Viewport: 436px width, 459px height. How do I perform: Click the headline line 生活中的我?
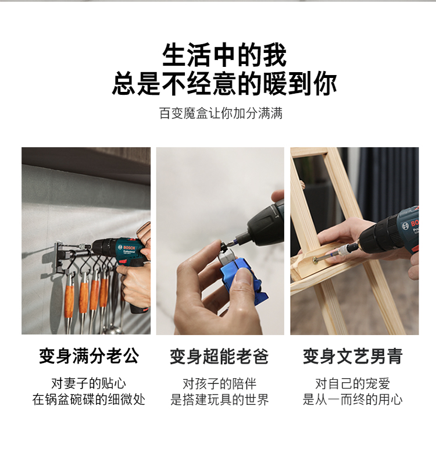[224, 55]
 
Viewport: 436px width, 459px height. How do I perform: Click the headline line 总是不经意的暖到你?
[224, 84]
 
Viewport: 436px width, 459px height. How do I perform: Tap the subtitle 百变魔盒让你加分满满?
[221, 113]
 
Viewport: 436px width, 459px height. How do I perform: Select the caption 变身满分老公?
[90, 356]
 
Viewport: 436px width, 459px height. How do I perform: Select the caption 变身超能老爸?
[219, 356]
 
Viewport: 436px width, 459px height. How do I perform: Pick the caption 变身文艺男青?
[353, 356]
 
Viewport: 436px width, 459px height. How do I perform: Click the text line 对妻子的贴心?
[89, 383]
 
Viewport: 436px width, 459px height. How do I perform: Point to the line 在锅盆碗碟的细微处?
[89, 399]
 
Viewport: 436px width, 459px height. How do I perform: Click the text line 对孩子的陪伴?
[220, 384]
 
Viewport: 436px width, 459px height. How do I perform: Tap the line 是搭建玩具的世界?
[220, 400]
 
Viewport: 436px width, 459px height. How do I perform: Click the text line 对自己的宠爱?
[353, 384]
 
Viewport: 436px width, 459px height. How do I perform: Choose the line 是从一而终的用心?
[353, 400]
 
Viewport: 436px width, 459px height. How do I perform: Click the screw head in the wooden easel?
[315, 259]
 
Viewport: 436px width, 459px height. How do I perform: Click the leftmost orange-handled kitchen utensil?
[69, 301]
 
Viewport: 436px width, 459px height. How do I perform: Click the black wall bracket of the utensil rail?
[59, 258]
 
